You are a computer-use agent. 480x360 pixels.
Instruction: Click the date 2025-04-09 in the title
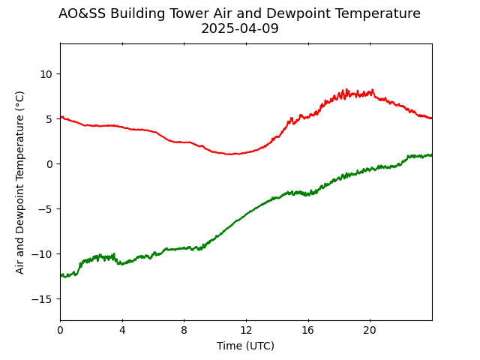pos(240,28)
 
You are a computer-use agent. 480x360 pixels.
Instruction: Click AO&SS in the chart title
pos(82,13)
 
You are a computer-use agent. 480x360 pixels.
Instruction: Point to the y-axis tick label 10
pos(46,74)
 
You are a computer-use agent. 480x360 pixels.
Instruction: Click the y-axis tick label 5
pos(49,119)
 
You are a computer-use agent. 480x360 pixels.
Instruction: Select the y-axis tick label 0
pos(49,164)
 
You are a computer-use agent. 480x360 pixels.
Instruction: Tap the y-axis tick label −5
pos(45,209)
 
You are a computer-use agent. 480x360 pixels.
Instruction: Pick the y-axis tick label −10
pos(42,254)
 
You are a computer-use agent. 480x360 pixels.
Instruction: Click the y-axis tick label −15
pos(42,299)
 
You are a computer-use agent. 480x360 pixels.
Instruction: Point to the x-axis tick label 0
pos(61,330)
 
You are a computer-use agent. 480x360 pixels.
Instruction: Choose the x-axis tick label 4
pos(122,330)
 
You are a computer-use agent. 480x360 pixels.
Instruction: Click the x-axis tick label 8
pos(184,330)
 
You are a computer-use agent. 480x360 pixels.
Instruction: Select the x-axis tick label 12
pos(246,330)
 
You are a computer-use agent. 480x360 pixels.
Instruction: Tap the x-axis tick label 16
pos(308,330)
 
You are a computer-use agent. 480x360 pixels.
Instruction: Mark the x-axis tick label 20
pos(370,330)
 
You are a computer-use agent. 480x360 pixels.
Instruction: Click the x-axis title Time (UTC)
pos(245,346)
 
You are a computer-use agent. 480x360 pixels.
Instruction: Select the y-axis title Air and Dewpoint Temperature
pos(19,182)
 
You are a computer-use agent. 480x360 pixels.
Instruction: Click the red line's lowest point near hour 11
pos(229,154)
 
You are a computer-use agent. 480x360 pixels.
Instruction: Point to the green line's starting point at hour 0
pos(61,276)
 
